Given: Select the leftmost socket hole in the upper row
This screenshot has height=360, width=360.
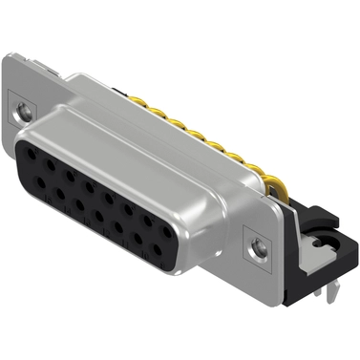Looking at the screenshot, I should pos(31,155).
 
